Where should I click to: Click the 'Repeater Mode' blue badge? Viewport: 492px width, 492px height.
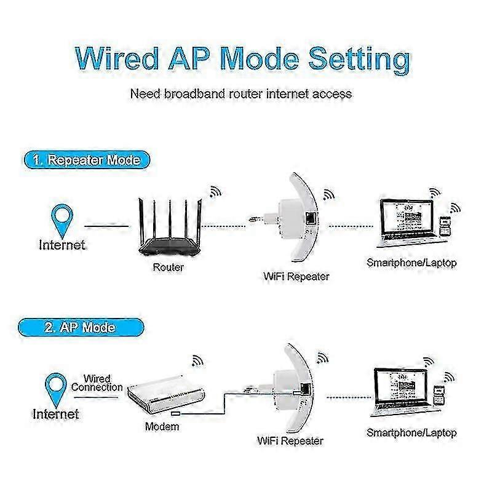(x=87, y=160)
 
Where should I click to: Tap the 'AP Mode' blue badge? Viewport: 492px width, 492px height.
(x=81, y=327)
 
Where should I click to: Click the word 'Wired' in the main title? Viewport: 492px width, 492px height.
(x=117, y=58)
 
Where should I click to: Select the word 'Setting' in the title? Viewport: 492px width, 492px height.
(x=359, y=60)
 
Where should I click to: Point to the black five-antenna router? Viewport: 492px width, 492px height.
(x=170, y=228)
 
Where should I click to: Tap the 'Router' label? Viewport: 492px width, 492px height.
(x=168, y=268)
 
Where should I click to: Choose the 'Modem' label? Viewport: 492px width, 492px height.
(x=162, y=426)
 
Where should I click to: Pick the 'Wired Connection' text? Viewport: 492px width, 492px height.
(x=97, y=383)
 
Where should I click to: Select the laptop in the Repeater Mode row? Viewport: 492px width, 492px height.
(x=407, y=223)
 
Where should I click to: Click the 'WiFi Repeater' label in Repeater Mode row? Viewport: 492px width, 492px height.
(x=296, y=276)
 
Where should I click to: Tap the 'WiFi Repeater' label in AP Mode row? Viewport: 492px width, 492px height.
(x=290, y=441)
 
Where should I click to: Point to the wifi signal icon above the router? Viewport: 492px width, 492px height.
(x=215, y=192)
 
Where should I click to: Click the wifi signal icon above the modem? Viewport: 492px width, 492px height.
(x=197, y=361)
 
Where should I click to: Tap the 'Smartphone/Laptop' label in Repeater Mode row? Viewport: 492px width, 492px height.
(x=411, y=263)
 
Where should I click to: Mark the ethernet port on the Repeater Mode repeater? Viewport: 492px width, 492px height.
(x=311, y=217)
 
